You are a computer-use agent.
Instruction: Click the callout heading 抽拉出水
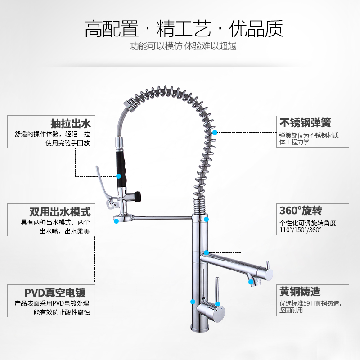(71, 123)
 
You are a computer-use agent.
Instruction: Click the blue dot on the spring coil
(216, 132)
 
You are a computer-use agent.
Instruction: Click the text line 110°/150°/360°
(300, 229)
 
